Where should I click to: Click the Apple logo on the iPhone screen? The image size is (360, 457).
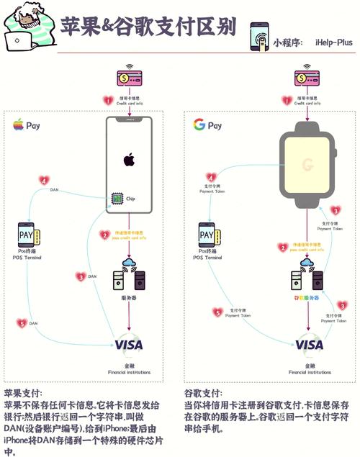[129, 158]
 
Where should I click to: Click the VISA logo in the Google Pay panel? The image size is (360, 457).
[309, 345]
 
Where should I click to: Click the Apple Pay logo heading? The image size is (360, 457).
[26, 125]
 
